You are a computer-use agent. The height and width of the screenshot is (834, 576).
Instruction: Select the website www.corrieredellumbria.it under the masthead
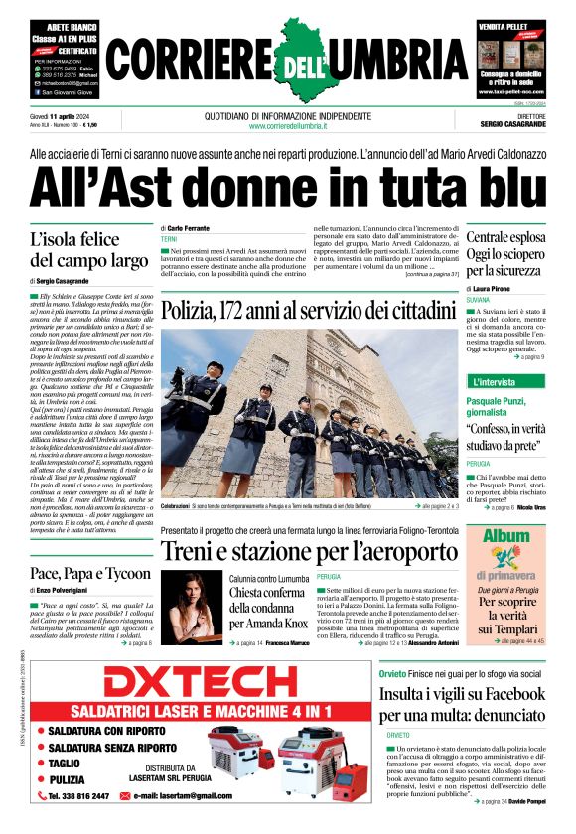(287, 126)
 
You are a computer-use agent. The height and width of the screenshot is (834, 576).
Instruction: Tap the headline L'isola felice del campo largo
(89, 250)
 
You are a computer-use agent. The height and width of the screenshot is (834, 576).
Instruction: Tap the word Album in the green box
(505, 537)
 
